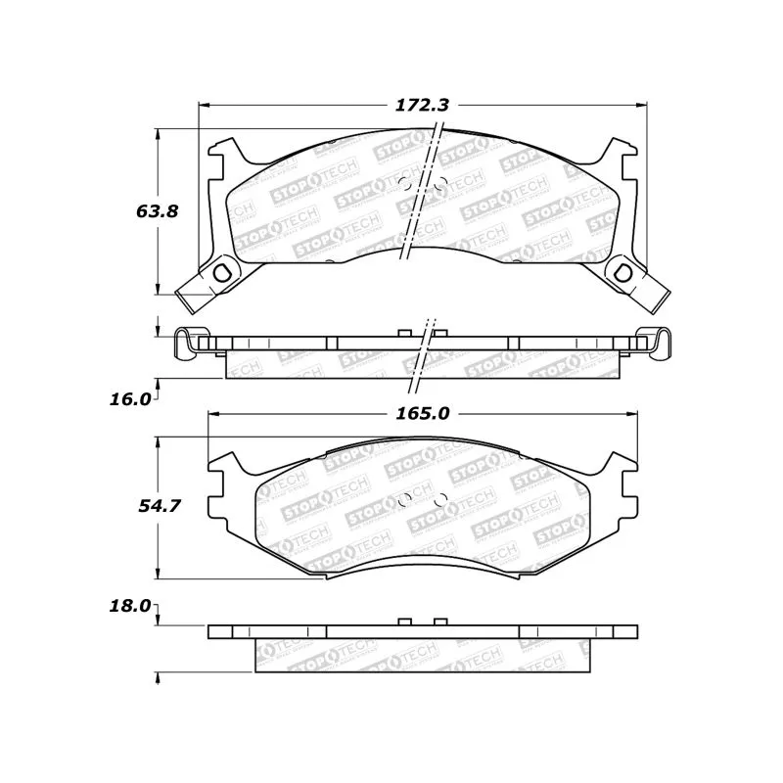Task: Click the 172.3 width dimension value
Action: pos(422,106)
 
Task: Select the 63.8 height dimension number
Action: pos(157,211)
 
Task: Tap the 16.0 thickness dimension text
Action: pos(130,399)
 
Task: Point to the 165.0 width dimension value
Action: pos(423,413)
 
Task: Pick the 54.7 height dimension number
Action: pos(159,506)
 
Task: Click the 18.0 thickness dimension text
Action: pos(130,606)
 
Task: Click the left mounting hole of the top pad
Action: pos(221,273)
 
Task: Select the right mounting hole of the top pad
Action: pos(622,273)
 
